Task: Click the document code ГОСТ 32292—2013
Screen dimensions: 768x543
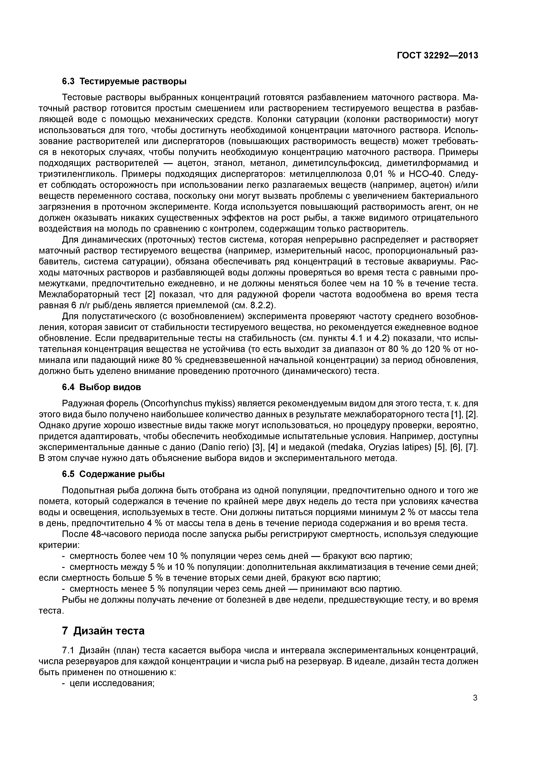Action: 437,56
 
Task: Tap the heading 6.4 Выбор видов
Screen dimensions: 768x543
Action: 102,387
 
